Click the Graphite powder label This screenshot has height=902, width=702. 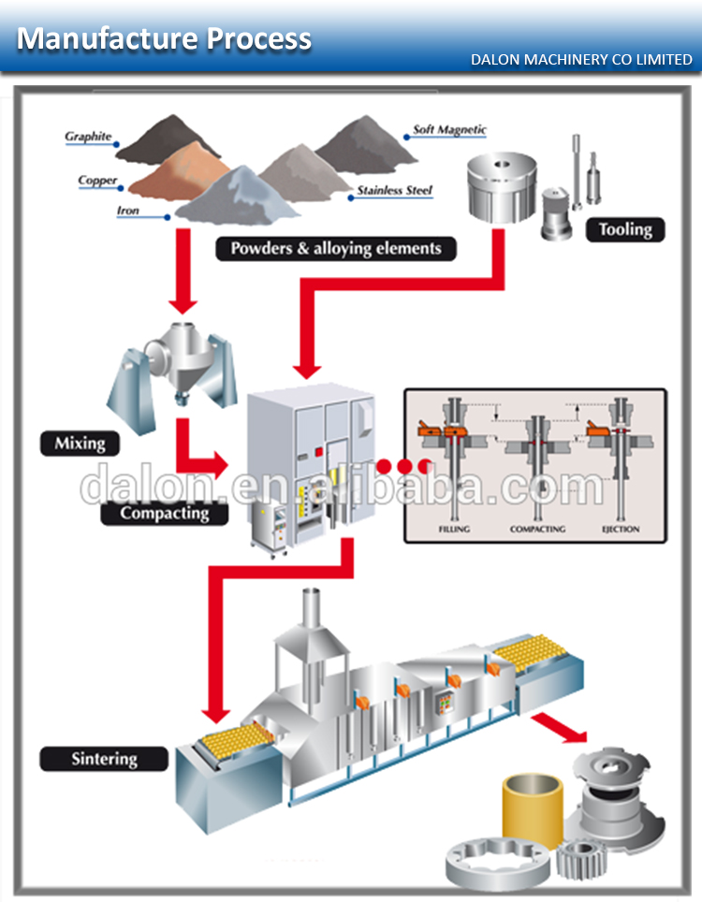(x=88, y=137)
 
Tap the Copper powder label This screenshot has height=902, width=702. (x=97, y=180)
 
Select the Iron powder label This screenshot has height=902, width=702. (x=128, y=211)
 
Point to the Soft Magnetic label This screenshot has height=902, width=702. (x=450, y=130)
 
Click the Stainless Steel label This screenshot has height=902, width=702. (x=394, y=190)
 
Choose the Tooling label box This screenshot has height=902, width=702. (x=625, y=228)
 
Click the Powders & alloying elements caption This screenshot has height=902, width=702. (x=336, y=249)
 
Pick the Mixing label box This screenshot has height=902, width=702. (x=80, y=443)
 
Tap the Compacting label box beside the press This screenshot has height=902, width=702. (x=164, y=512)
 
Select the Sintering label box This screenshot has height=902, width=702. (x=104, y=758)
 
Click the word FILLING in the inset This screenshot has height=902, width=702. (x=454, y=530)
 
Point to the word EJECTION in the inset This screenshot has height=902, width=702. (x=622, y=530)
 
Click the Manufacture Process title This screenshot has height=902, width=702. (x=165, y=38)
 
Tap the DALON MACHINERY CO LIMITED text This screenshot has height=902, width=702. (x=581, y=60)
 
